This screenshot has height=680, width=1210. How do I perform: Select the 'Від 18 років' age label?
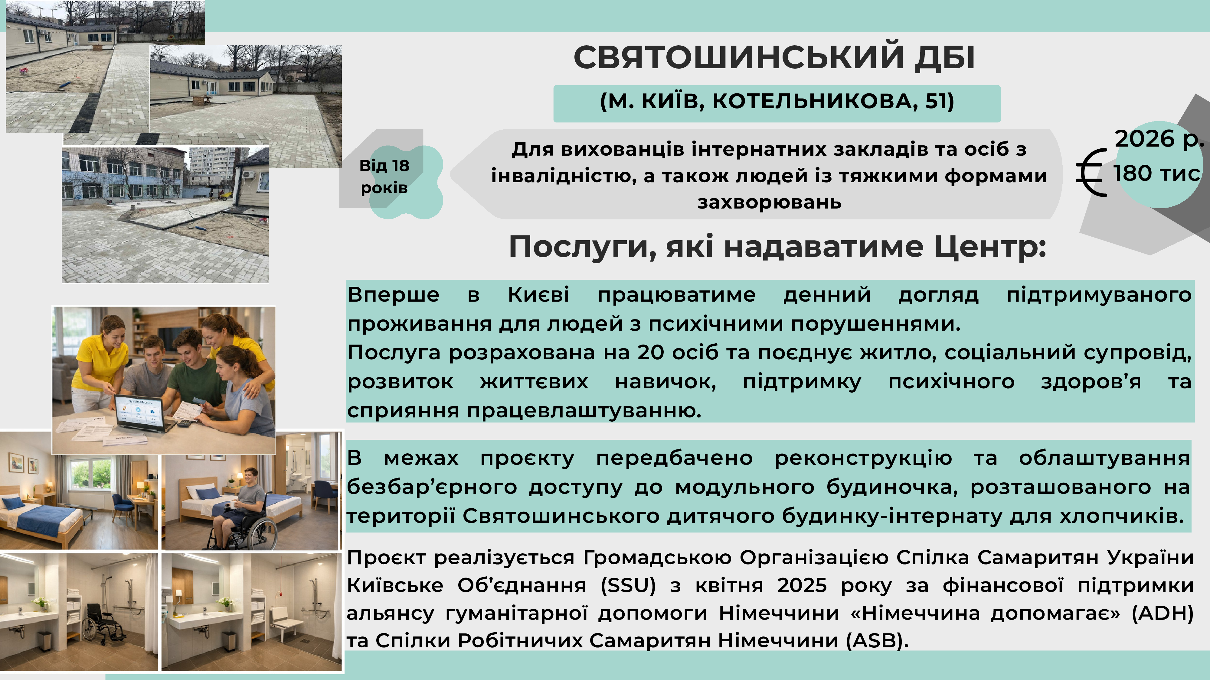click(x=384, y=176)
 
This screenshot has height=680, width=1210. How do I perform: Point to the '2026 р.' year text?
click(x=1159, y=139)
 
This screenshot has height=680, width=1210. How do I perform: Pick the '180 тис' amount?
click(x=1156, y=173)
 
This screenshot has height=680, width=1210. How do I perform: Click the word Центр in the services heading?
click(x=990, y=247)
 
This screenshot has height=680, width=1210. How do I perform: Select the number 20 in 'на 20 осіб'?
click(x=650, y=352)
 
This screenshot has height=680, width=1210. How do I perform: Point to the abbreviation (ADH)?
click(x=1163, y=613)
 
